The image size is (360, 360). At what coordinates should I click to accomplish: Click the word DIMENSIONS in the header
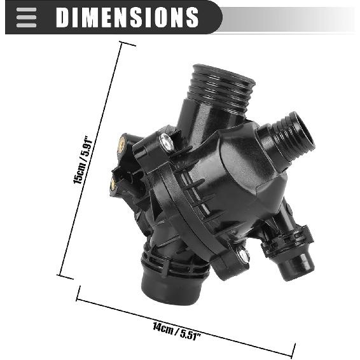click(x=127, y=17)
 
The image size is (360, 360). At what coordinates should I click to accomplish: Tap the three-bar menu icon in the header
click(x=27, y=17)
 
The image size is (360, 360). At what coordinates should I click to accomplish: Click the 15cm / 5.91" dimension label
click(x=83, y=160)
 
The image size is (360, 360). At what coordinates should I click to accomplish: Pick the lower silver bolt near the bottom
click(x=244, y=255)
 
